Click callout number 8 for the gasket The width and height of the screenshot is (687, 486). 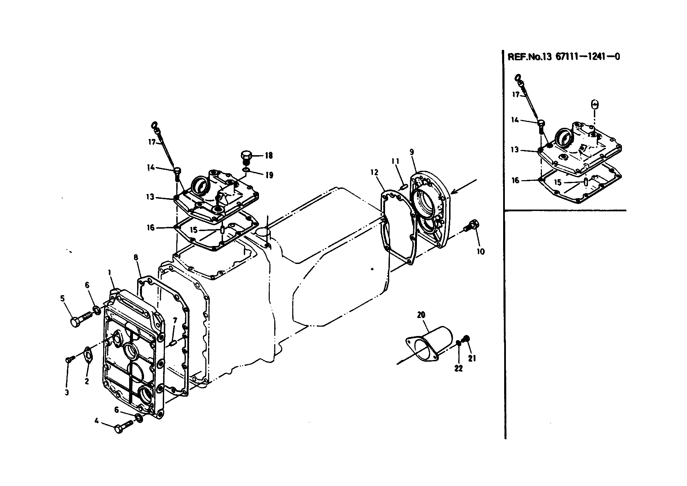(x=135, y=257)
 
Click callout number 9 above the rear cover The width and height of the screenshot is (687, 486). (x=411, y=152)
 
